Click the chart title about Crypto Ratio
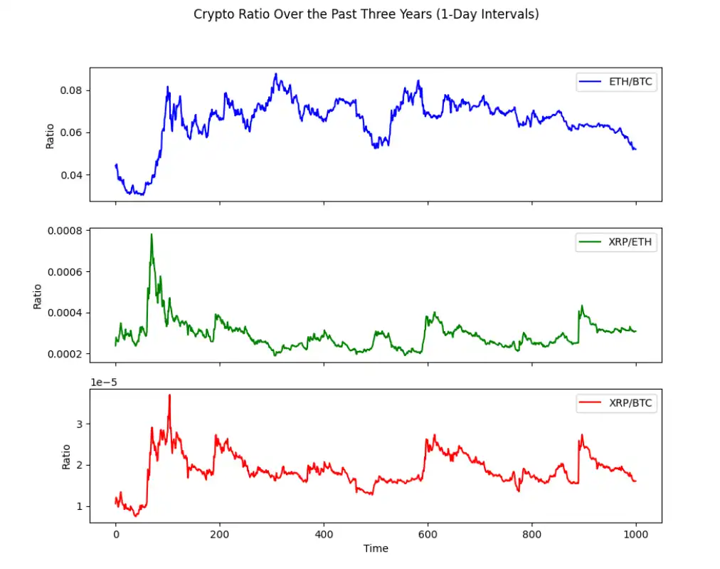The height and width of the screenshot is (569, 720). pyautogui.click(x=366, y=14)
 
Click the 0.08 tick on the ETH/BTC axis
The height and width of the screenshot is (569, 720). pyautogui.click(x=72, y=90)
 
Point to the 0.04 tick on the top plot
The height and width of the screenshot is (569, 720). pyautogui.click(x=72, y=175)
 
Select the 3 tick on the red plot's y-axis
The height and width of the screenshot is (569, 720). pyautogui.click(x=79, y=424)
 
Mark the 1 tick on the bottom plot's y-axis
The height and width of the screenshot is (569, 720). pyautogui.click(x=79, y=506)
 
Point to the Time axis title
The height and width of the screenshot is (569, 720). pyautogui.click(x=376, y=548)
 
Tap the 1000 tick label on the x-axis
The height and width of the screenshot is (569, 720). pyautogui.click(x=636, y=533)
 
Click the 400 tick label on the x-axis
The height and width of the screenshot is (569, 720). pyautogui.click(x=324, y=533)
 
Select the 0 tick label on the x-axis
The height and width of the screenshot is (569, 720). pyautogui.click(x=116, y=533)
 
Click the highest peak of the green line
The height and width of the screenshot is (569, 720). pyautogui.click(x=152, y=234)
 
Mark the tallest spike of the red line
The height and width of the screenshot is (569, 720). pyautogui.click(x=169, y=395)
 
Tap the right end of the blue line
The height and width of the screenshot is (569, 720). pyautogui.click(x=635, y=149)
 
